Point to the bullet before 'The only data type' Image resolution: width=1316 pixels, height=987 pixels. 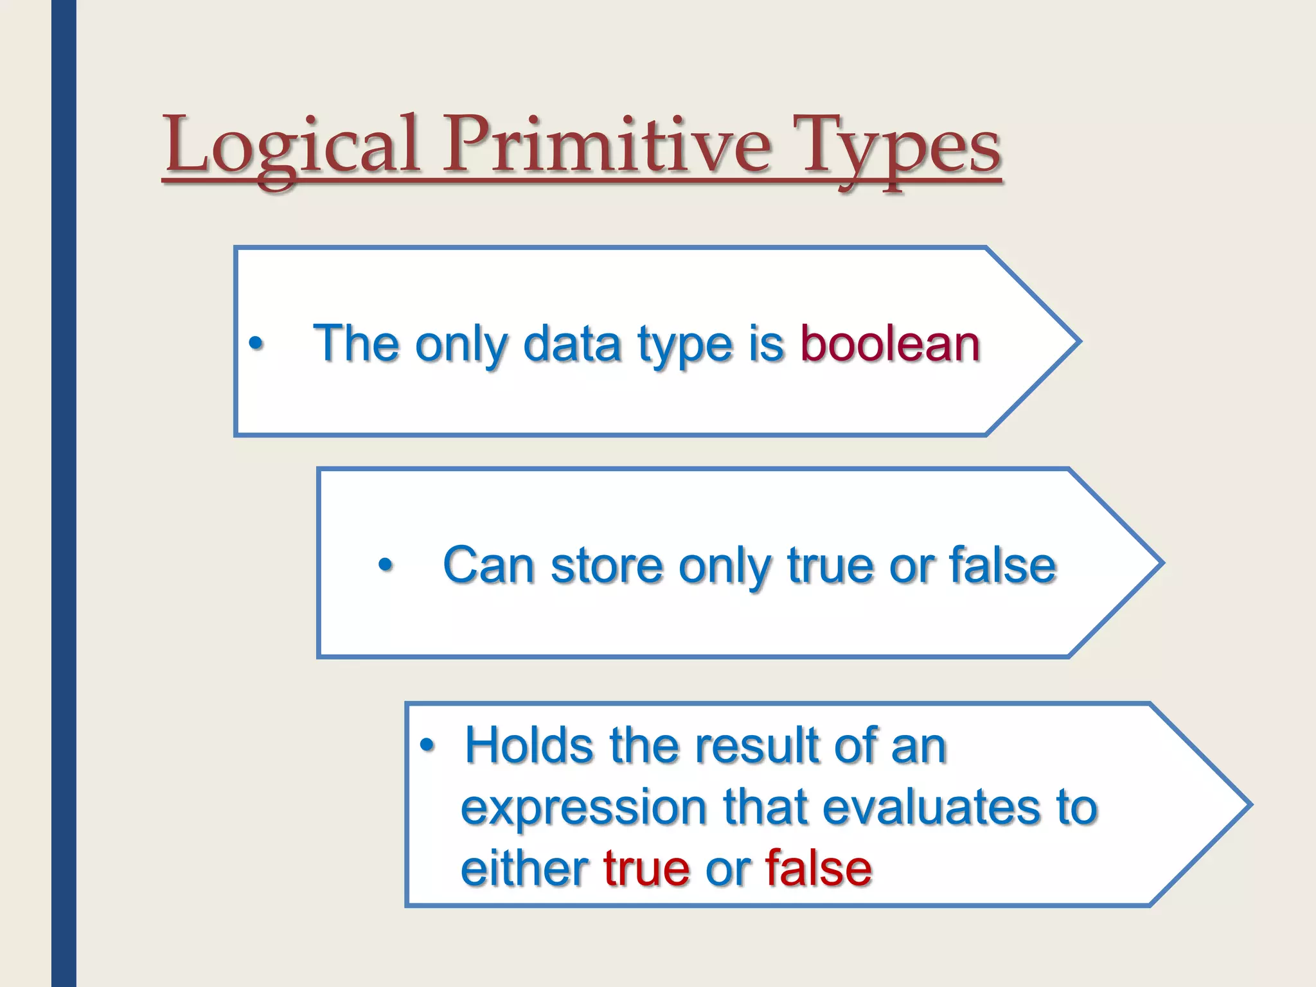256,344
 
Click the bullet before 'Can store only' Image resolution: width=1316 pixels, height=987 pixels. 385,566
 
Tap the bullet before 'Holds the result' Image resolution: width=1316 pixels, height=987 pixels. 427,746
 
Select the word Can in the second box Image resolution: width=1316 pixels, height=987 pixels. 489,565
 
